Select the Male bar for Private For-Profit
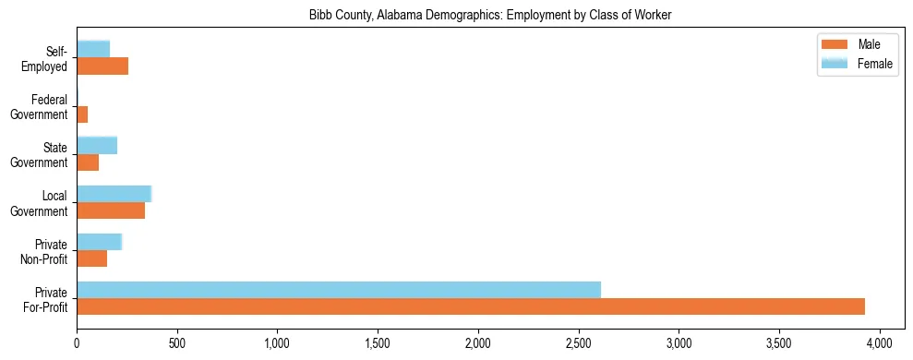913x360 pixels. pyautogui.click(x=471, y=306)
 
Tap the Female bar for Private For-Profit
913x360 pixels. pyautogui.click(x=339, y=290)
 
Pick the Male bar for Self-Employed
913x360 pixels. pyautogui.click(x=102, y=66)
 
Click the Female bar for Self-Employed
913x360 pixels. pyautogui.click(x=93, y=49)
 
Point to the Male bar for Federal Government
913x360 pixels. pyautogui.click(x=82, y=114)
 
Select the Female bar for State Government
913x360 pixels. pyautogui.click(x=97, y=145)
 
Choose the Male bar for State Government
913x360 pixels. pyautogui.click(x=88, y=162)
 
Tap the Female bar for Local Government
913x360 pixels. pyautogui.click(x=114, y=193)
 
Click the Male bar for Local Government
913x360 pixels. pyautogui.click(x=111, y=210)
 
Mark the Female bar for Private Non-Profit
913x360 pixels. pyautogui.click(x=99, y=242)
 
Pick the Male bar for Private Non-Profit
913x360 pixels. pyautogui.click(x=91, y=258)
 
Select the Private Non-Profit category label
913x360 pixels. pyautogui.click(x=46, y=251)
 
